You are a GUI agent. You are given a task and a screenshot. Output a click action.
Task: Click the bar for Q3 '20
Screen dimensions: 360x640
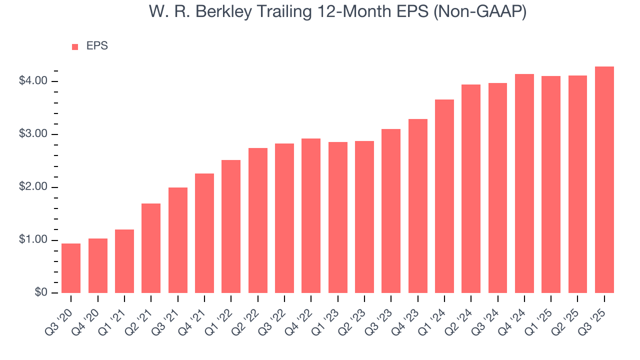point(71,268)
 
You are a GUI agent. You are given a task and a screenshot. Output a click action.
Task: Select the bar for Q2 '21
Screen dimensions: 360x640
point(151,248)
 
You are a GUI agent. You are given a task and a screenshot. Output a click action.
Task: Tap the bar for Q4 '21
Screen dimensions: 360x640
point(204,233)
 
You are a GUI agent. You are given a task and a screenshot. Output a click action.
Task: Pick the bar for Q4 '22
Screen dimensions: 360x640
point(311,215)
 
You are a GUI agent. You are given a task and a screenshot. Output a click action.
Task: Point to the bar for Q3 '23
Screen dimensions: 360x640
point(391,211)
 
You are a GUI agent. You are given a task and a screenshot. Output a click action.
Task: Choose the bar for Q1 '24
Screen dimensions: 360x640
point(444,196)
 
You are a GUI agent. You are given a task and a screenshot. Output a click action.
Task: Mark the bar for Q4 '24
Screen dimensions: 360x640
point(524,183)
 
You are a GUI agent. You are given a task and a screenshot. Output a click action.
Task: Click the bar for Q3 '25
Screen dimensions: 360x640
point(604,179)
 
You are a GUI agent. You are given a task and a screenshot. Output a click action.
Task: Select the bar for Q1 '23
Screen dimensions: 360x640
point(338,217)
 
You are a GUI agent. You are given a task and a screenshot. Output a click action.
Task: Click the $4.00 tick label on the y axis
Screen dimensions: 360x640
point(32,81)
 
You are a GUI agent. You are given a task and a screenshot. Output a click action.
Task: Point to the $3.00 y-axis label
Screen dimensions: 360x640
point(32,134)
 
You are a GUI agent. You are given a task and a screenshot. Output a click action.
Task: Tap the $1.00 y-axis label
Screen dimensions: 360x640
point(32,240)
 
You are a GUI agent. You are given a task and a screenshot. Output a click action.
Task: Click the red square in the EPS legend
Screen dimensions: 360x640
point(75,46)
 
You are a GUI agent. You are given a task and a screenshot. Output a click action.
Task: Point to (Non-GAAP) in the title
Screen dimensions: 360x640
point(480,11)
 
